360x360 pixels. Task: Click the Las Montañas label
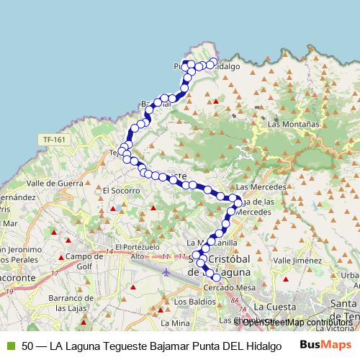click(x=293, y=124)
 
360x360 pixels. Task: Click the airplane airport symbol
click(x=168, y=273)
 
